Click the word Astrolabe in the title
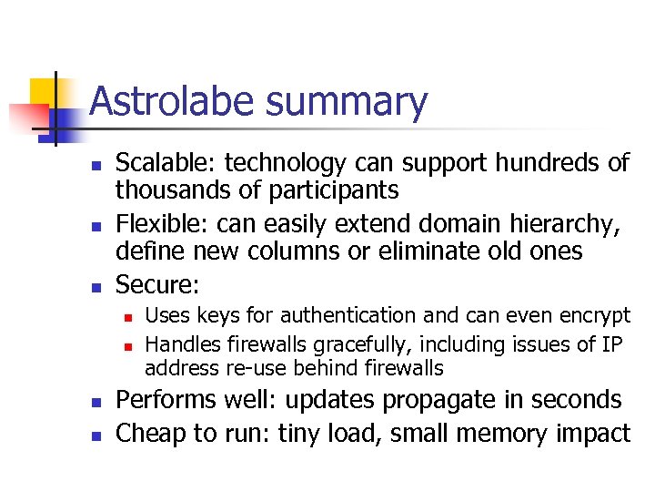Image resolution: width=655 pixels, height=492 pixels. [x=172, y=102]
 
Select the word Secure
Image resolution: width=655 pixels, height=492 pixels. [x=154, y=284]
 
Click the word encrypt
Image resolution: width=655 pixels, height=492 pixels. [x=591, y=316]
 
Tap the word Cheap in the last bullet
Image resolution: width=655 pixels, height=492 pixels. [x=150, y=433]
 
